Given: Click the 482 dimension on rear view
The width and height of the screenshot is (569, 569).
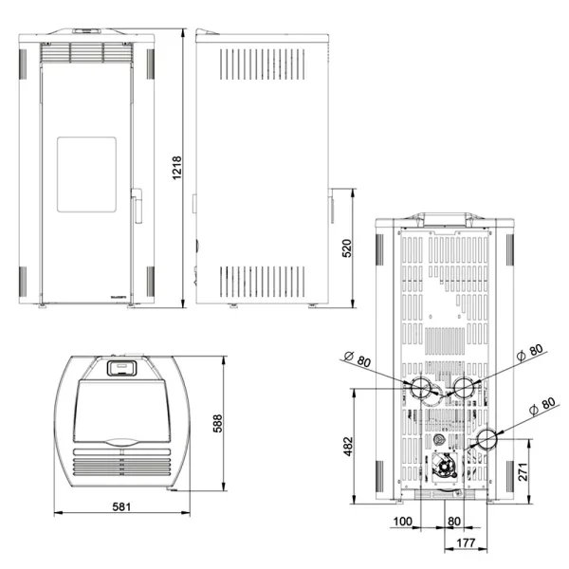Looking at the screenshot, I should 347,445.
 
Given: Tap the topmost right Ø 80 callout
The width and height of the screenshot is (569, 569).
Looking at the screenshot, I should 531,353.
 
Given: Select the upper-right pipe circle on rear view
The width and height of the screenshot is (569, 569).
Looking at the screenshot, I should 465,387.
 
